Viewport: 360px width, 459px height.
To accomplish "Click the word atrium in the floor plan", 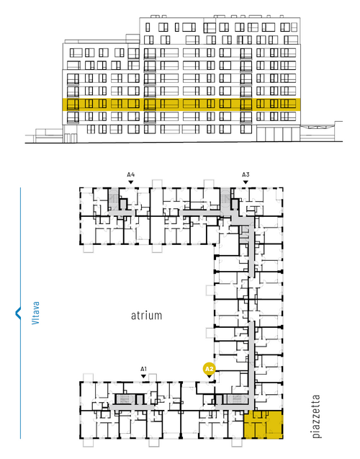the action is point(146,316).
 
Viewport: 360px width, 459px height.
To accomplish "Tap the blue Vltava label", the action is point(35,313).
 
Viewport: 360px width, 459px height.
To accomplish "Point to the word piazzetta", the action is point(316,416).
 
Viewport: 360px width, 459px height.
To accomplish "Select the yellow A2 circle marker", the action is point(210,369).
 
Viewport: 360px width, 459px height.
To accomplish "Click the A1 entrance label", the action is point(143,369).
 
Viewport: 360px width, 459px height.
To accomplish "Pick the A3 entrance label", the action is point(246,175).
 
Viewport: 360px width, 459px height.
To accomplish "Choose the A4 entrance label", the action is point(131,175).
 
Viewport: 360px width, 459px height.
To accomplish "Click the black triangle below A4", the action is point(131,182).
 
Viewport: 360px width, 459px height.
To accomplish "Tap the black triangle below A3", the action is point(246,182).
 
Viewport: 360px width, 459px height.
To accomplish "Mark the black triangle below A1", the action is point(143,376).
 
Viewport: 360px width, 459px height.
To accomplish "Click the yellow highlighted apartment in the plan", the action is point(264,424).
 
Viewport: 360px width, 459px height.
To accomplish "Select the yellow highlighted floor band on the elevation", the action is point(181,104).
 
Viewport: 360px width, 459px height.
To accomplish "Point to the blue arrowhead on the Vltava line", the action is point(18,313).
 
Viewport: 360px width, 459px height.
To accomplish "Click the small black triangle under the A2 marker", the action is point(210,376).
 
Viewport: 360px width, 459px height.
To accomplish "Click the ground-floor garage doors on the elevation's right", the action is point(274,134).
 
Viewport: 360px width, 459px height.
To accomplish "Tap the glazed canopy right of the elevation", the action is point(318,127).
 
